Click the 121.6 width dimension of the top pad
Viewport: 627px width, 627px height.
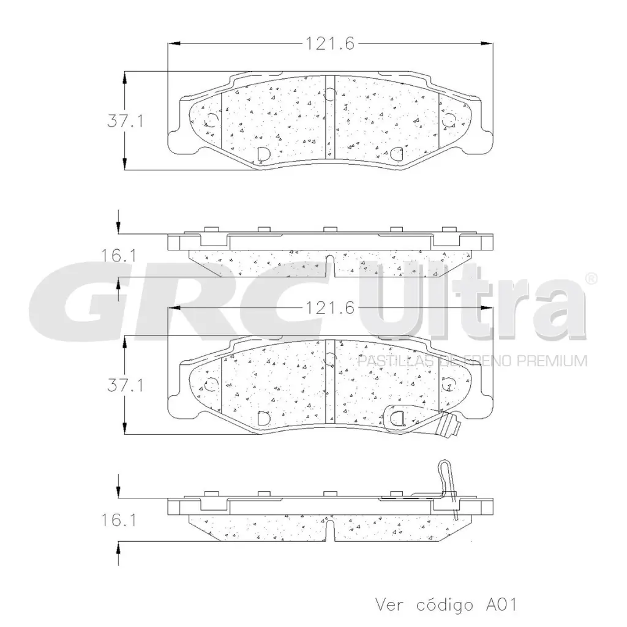[330, 43]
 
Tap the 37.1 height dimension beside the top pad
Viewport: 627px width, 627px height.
[125, 121]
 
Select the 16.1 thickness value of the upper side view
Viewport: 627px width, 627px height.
[118, 256]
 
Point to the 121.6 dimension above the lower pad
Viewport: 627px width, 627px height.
[330, 308]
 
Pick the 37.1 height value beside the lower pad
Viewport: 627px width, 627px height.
[125, 386]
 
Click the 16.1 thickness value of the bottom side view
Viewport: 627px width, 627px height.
[118, 520]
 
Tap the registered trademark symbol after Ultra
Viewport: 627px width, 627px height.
[591, 279]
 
